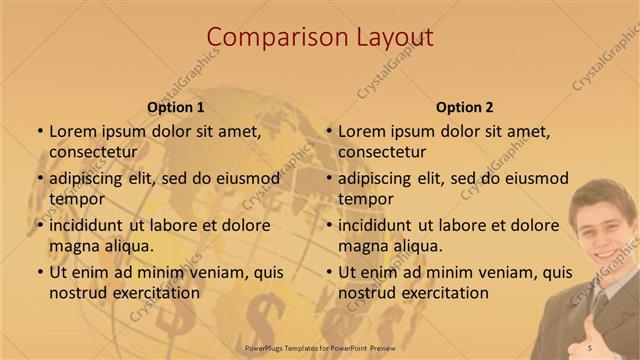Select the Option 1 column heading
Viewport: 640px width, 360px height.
click(175, 107)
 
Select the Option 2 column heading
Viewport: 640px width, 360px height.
click(464, 107)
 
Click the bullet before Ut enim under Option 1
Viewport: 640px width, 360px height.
click(39, 272)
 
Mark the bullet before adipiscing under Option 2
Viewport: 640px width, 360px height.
click(328, 178)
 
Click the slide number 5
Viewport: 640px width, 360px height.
click(589, 347)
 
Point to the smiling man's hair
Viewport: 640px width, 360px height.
click(598, 192)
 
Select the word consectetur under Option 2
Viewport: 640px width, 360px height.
click(382, 151)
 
